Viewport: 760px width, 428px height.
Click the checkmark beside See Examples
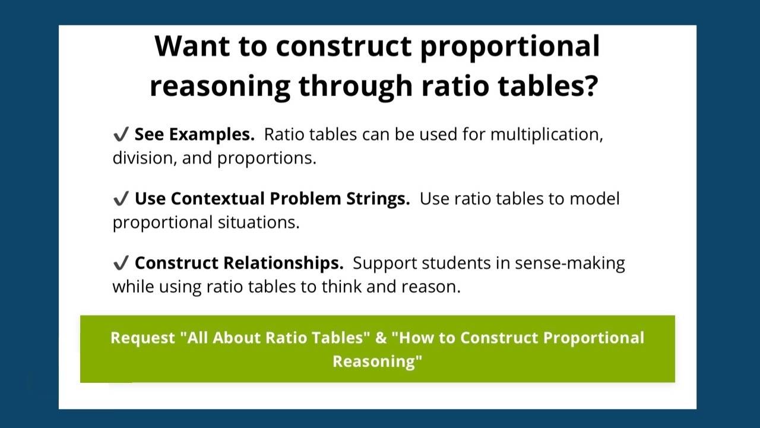click(121, 135)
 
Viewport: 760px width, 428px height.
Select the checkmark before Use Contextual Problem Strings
click(121, 199)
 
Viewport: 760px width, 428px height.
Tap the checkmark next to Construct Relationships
click(121, 263)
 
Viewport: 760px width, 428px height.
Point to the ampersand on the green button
click(381, 338)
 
